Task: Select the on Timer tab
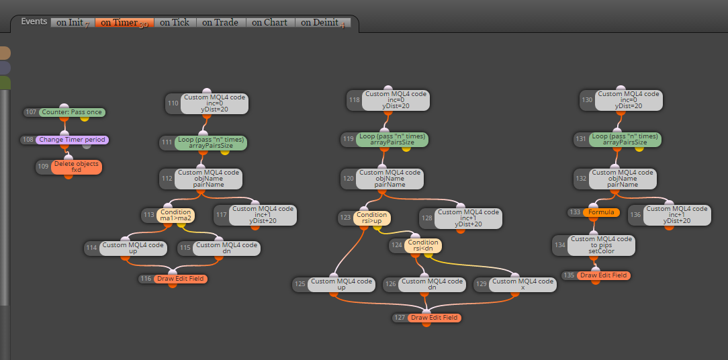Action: [x=124, y=22]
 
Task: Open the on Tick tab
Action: [x=175, y=22]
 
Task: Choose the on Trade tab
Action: [x=220, y=22]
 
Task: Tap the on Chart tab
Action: [x=270, y=22]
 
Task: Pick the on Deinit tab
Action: [x=322, y=22]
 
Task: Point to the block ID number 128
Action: [x=426, y=218]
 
